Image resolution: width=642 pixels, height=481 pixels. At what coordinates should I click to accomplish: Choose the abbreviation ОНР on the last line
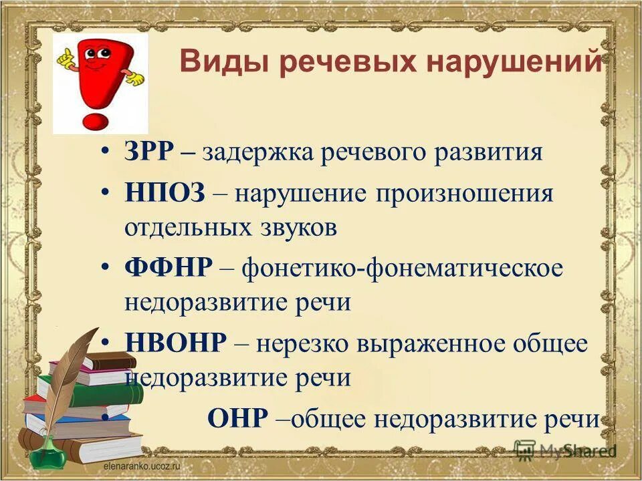(237, 419)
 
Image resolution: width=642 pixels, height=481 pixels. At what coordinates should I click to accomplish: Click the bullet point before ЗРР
(107, 152)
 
